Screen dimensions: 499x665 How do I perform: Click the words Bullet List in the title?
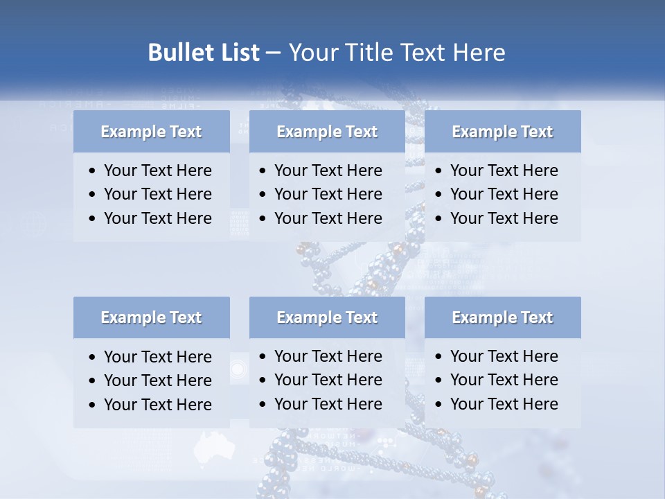[204, 53]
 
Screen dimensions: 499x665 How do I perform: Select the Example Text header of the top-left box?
[151, 132]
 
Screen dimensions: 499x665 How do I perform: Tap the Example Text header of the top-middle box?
[327, 132]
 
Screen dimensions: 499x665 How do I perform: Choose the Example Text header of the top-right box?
[502, 132]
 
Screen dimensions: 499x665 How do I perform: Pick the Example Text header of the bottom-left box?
[151, 317]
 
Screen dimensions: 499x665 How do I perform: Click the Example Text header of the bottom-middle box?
[327, 317]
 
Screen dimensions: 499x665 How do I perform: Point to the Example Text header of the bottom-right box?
[502, 317]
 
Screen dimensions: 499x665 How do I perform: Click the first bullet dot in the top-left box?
[93, 171]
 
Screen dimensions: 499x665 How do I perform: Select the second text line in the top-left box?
[157, 194]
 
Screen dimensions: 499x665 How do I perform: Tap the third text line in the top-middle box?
[328, 218]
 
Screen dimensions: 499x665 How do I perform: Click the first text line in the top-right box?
[504, 170]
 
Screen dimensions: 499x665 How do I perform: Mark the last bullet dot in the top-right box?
[439, 219]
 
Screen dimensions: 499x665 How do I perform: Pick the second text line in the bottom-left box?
[157, 380]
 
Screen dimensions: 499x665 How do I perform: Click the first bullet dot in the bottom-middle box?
[263, 357]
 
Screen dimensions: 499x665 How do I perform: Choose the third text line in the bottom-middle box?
[328, 404]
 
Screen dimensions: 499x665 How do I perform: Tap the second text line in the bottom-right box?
[504, 380]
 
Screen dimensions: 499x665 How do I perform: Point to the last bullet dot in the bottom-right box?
[439, 405]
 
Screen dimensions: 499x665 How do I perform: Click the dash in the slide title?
[273, 53]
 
